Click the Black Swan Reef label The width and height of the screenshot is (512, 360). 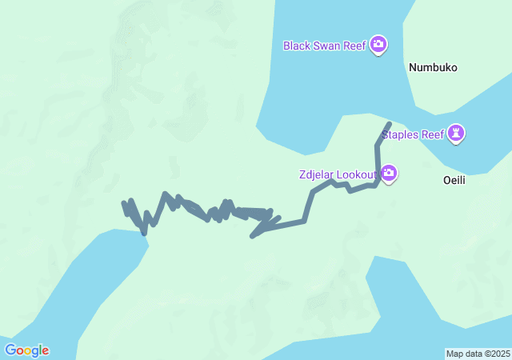324,46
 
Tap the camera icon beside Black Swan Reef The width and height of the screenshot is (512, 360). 379,45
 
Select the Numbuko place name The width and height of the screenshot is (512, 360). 433,68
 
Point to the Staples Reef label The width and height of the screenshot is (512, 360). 413,134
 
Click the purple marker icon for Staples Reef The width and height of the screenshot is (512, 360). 456,134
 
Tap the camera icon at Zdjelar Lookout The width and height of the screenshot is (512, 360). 389,173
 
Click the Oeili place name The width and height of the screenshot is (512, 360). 454,181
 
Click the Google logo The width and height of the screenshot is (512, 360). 26,350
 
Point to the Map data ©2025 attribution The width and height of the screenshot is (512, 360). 478,354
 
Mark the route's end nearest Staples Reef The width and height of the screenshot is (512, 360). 389,124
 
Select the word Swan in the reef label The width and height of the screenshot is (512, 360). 327,46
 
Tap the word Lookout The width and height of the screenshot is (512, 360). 358,174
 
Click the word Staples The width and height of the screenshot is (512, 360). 401,134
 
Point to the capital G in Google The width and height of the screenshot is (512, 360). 10,350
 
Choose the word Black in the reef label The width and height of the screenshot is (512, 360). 297,46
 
